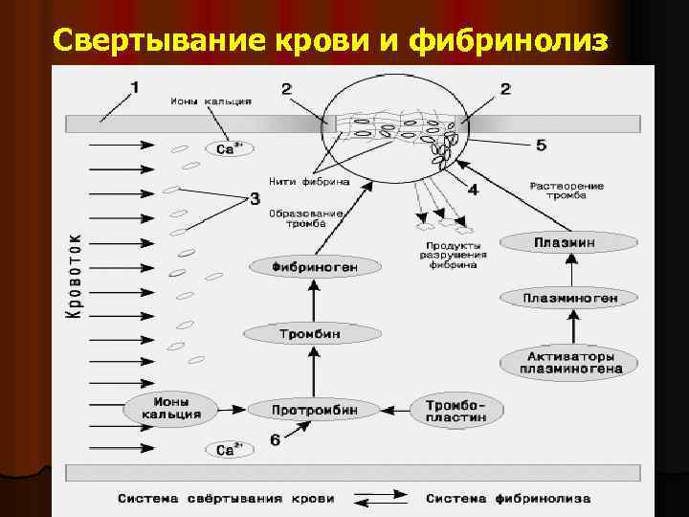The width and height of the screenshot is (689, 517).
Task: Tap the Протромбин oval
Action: tap(315, 409)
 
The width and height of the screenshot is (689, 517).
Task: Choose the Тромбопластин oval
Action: tap(456, 409)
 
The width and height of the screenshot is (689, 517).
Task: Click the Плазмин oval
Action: tap(564, 243)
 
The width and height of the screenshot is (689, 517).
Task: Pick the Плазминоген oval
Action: tap(570, 298)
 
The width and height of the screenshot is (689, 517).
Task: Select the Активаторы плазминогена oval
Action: tap(569, 362)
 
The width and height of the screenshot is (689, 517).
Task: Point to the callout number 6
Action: tap(276, 440)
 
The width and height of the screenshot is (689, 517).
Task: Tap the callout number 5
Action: tap(541, 146)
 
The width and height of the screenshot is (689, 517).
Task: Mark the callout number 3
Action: tap(254, 199)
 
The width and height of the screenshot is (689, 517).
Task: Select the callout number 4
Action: tap(472, 190)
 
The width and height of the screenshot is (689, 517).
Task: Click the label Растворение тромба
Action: tap(567, 191)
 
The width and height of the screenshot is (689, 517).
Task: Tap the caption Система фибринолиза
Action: tap(508, 499)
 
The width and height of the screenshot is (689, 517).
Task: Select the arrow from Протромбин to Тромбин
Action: tap(313, 372)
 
